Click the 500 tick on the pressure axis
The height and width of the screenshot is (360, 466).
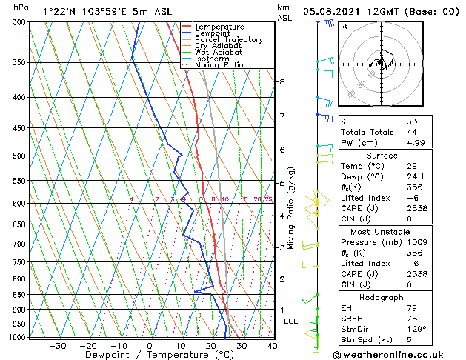coord(19,156)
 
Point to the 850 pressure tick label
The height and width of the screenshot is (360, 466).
coord(19,295)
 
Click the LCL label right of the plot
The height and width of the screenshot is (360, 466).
coord(290,321)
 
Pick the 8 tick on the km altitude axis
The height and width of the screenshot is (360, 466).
coord(282,81)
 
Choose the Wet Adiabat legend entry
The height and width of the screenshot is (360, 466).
coord(219,52)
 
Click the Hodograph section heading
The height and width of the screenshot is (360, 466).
coord(382,297)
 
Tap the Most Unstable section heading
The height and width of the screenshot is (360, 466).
coord(382,232)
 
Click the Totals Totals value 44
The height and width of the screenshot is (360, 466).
coord(412,132)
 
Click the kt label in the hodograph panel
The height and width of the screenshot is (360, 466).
coord(344,27)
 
